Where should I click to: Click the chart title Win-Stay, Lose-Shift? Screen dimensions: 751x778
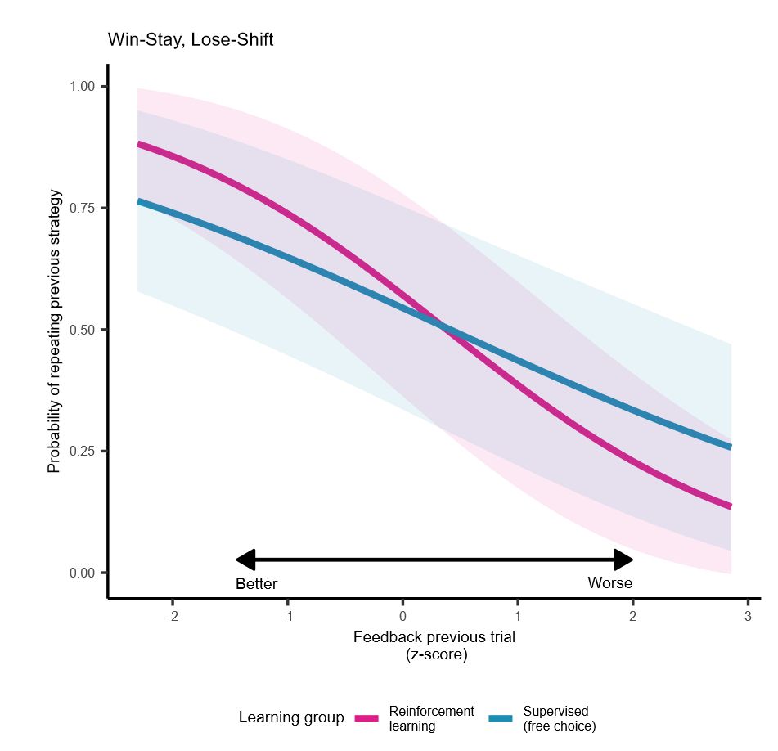coord(190,39)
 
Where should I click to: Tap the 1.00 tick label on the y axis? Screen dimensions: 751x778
coord(83,87)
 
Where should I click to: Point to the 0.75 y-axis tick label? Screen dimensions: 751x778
coord(83,208)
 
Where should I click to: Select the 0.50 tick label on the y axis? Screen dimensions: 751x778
coord(83,330)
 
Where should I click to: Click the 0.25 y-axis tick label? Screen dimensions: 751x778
coord(83,451)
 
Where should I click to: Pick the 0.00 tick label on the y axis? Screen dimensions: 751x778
coord(83,573)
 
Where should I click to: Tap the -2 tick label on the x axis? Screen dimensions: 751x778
coord(172,616)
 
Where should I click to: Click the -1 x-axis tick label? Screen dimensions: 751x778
coord(287,616)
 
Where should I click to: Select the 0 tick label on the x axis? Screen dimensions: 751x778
coord(402,616)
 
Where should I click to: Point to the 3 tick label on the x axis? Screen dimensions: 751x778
coord(748,616)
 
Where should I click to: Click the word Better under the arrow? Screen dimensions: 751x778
coord(256,584)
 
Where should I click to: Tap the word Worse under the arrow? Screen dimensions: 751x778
coord(609,583)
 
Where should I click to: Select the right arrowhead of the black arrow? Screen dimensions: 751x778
coord(624,560)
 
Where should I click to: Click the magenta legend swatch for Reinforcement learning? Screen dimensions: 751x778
coord(367,718)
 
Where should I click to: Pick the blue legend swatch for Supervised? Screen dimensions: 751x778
coord(501,718)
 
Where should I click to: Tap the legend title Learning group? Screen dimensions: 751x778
coord(291,717)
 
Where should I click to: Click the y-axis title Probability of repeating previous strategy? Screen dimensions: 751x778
coord(55,331)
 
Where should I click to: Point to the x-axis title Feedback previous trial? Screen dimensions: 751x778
coord(434,636)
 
